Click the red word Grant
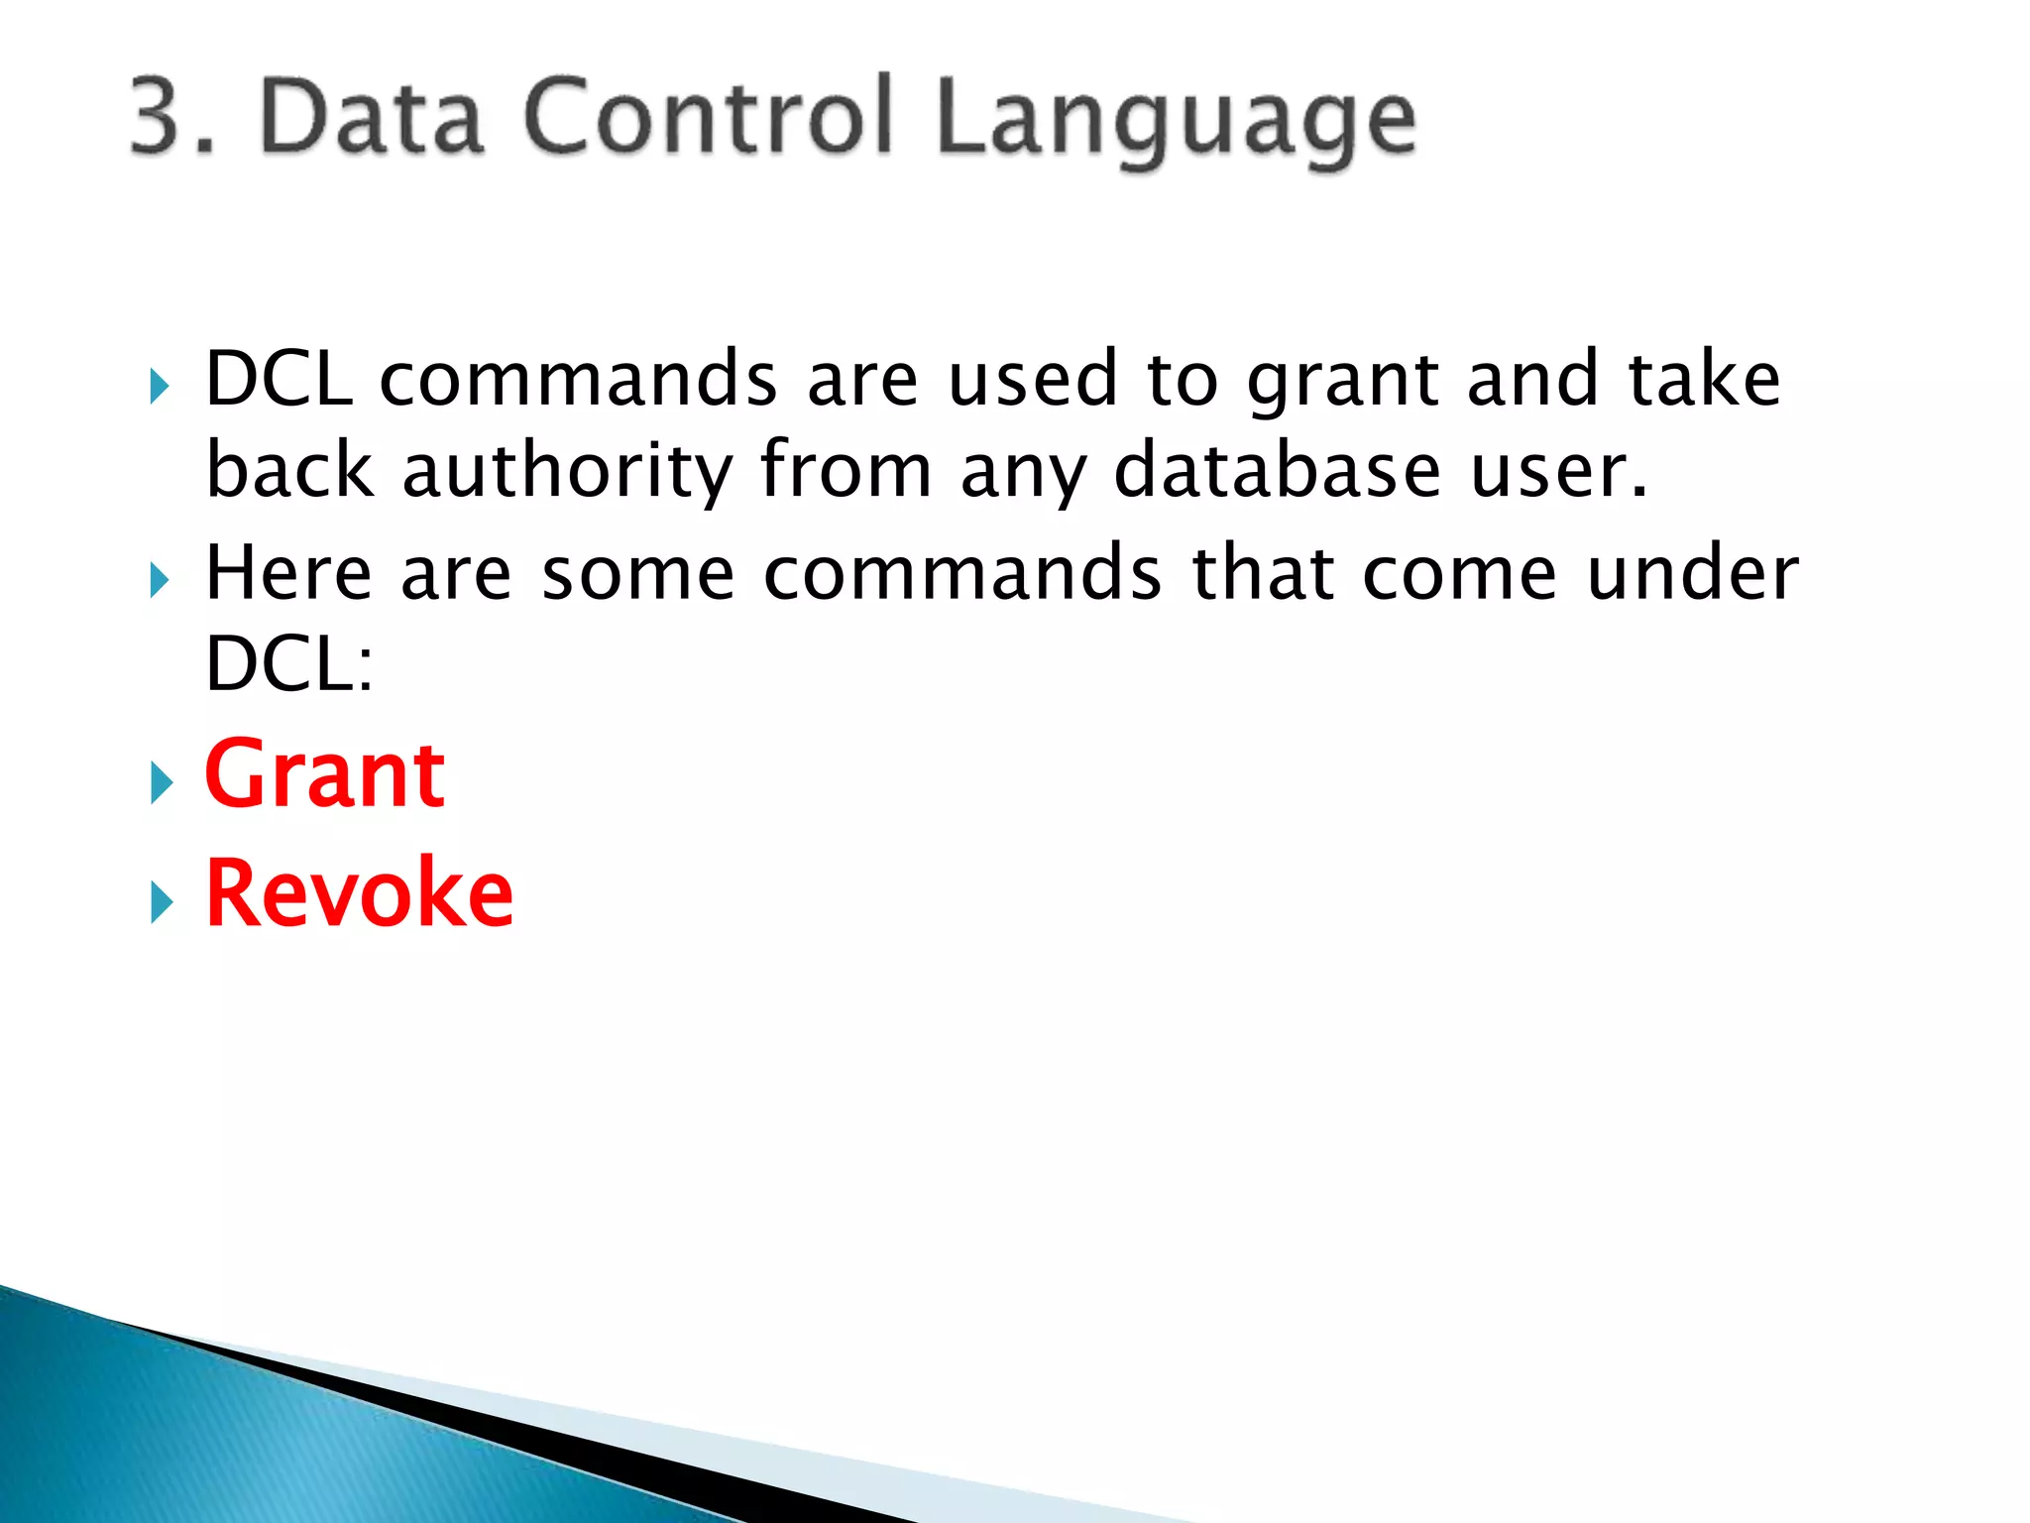pos(324,775)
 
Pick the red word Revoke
pos(359,894)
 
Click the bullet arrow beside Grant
pos(161,783)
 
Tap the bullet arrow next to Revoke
pos(161,902)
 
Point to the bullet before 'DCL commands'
pos(161,386)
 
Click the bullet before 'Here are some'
pos(161,580)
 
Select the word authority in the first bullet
pos(567,470)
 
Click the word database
pos(1277,470)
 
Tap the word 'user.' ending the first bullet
pos(1558,470)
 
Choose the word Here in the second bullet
pos(288,573)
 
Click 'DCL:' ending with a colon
pos(288,664)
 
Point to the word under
pos(1691,573)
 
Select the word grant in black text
pos(1342,381)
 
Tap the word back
pos(288,470)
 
